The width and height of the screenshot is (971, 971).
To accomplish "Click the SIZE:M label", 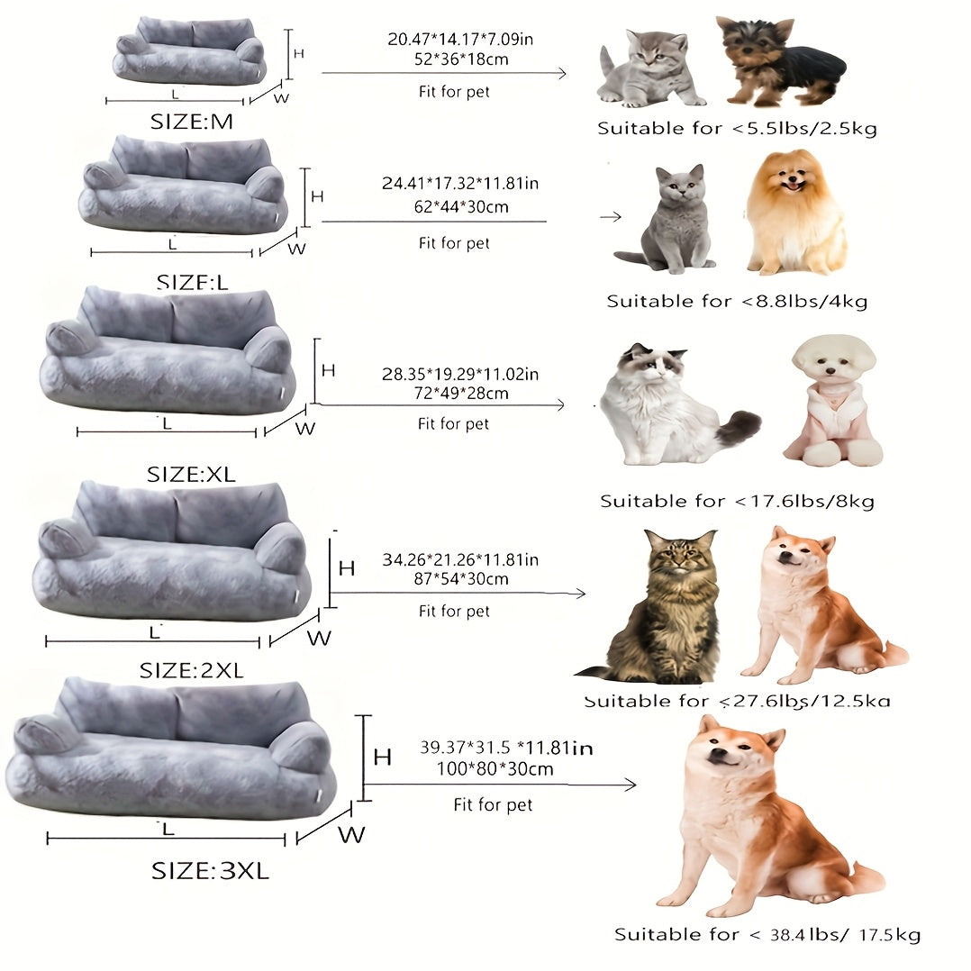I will pos(192,122).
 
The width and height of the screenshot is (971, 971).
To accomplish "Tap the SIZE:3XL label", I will pos(210,871).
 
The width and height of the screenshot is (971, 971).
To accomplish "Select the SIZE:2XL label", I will pos(192,671).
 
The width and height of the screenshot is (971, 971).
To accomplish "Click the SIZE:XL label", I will pos(191,475).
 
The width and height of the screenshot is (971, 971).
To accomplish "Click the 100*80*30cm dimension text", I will pos(487,769).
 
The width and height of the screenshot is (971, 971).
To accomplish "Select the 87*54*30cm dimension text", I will pos(458,579).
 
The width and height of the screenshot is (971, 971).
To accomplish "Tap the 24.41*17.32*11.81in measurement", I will pos(460,184).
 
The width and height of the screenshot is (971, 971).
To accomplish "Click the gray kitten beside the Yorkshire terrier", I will pos(649,69).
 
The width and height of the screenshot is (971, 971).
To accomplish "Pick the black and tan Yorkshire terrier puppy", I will pos(779,60).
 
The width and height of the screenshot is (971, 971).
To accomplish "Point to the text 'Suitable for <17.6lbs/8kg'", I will pos(737,501).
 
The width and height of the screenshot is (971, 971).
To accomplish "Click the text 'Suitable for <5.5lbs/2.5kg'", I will pos(737,129).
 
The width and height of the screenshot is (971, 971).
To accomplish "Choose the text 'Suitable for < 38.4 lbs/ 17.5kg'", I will pos(767,935).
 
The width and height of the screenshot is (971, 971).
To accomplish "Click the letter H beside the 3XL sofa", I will pos(382,758).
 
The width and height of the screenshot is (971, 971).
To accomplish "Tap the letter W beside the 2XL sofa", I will pos(319,639).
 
